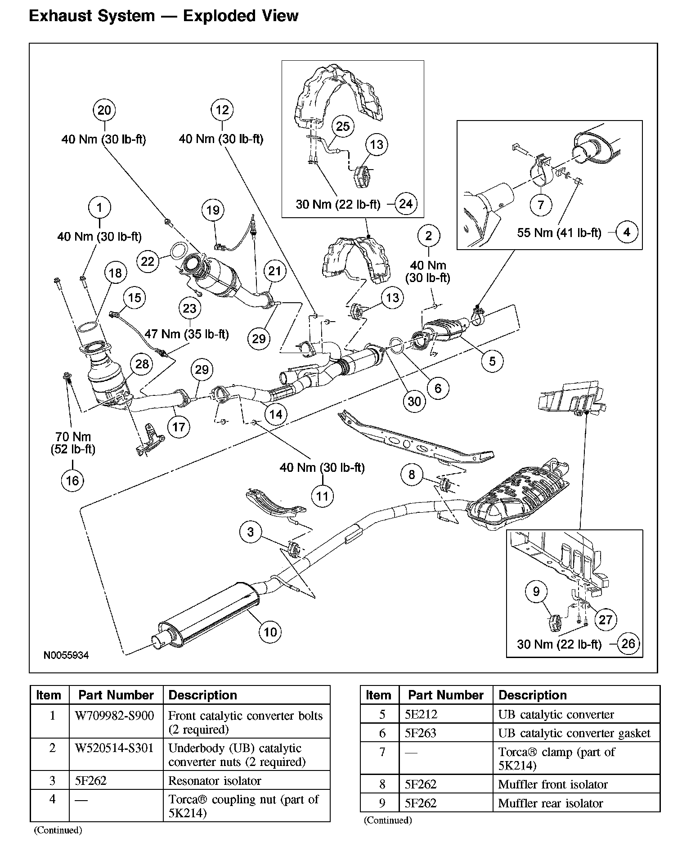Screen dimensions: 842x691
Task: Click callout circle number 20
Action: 104,110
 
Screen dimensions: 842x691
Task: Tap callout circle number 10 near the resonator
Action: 270,631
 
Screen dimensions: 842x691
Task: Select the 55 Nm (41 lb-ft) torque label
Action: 559,233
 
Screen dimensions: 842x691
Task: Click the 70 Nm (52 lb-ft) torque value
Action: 73,443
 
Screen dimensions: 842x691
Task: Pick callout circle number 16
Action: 72,480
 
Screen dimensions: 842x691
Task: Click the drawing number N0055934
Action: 66,655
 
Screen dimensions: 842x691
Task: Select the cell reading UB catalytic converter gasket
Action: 574,734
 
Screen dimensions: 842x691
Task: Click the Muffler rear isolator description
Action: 550,803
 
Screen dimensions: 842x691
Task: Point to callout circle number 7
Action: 541,205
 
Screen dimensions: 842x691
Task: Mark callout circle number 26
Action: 628,644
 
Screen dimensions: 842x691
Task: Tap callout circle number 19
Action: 213,210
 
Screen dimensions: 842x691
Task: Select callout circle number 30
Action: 414,401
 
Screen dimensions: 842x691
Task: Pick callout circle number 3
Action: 251,532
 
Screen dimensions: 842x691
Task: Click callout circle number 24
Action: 406,204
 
